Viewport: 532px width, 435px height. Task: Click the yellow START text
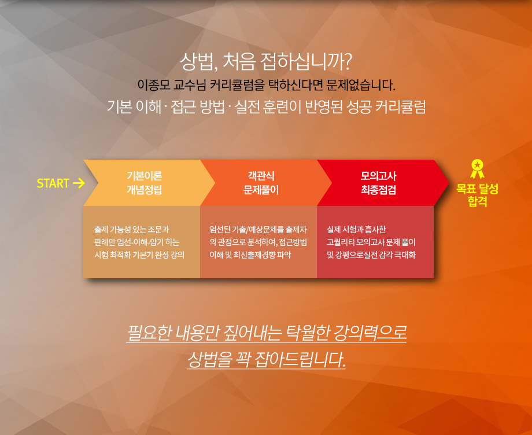[53, 183]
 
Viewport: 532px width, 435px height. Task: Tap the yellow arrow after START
[79, 183]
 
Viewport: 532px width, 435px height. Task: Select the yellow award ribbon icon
[477, 169]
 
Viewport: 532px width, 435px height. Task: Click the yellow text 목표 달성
[478, 189]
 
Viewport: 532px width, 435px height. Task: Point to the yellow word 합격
[478, 201]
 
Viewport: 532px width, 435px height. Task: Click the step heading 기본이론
[144, 176]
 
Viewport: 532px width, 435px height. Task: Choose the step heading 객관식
[261, 176]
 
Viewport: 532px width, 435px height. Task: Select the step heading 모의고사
[378, 176]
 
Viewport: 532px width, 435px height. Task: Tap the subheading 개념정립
[144, 190]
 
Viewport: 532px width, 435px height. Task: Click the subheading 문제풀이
[261, 190]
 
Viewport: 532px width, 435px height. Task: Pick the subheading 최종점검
[378, 190]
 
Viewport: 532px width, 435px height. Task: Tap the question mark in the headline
[346, 61]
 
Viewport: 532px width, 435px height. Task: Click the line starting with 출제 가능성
[132, 230]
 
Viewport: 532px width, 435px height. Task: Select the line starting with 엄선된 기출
[258, 230]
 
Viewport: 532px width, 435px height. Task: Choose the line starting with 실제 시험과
[356, 230]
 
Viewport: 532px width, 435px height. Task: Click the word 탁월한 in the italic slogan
[308, 333]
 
